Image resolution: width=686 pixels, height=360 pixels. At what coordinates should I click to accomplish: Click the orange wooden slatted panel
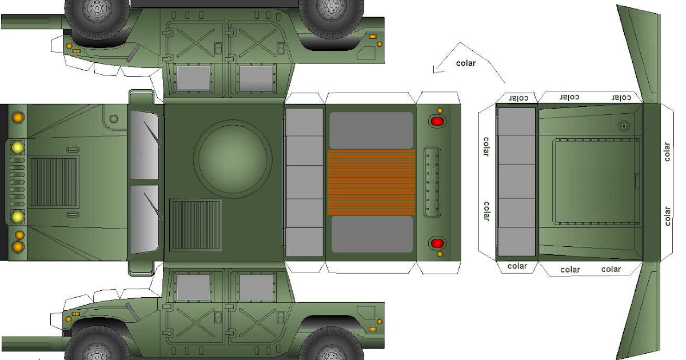click(371, 182)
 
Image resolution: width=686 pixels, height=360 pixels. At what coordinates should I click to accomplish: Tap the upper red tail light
click(437, 121)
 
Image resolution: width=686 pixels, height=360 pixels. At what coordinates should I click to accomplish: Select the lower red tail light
click(437, 243)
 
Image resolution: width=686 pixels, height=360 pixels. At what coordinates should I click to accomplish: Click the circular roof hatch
click(232, 159)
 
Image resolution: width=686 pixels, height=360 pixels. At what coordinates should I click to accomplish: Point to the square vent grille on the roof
click(196, 225)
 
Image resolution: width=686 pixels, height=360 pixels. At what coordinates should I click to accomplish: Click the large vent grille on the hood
click(54, 182)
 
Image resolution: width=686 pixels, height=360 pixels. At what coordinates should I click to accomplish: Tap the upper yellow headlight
click(18, 147)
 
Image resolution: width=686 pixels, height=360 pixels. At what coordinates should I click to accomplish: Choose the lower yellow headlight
click(18, 217)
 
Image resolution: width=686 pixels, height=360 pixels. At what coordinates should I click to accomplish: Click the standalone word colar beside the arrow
click(465, 63)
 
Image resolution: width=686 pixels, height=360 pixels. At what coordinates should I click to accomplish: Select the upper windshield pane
click(144, 145)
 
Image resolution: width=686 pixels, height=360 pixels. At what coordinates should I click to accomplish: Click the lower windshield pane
click(144, 219)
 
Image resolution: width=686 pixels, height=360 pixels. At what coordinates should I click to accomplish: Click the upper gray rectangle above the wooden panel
click(371, 130)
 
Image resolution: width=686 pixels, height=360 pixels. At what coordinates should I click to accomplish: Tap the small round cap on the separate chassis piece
click(623, 126)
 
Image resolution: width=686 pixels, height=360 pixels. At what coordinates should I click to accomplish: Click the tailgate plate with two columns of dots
click(432, 182)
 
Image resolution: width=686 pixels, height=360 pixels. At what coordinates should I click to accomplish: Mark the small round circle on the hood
click(114, 119)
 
